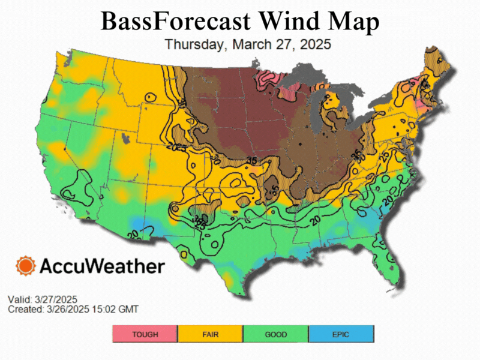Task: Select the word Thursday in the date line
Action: [193, 44]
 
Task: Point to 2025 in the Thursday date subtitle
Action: [314, 44]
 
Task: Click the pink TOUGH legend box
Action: [145, 334]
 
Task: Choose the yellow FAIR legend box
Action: [211, 334]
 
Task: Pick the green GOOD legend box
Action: [275, 334]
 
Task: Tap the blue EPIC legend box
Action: [341, 334]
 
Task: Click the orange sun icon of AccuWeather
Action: [26, 266]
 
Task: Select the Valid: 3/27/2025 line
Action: [42, 299]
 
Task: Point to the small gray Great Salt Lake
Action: [125, 138]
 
